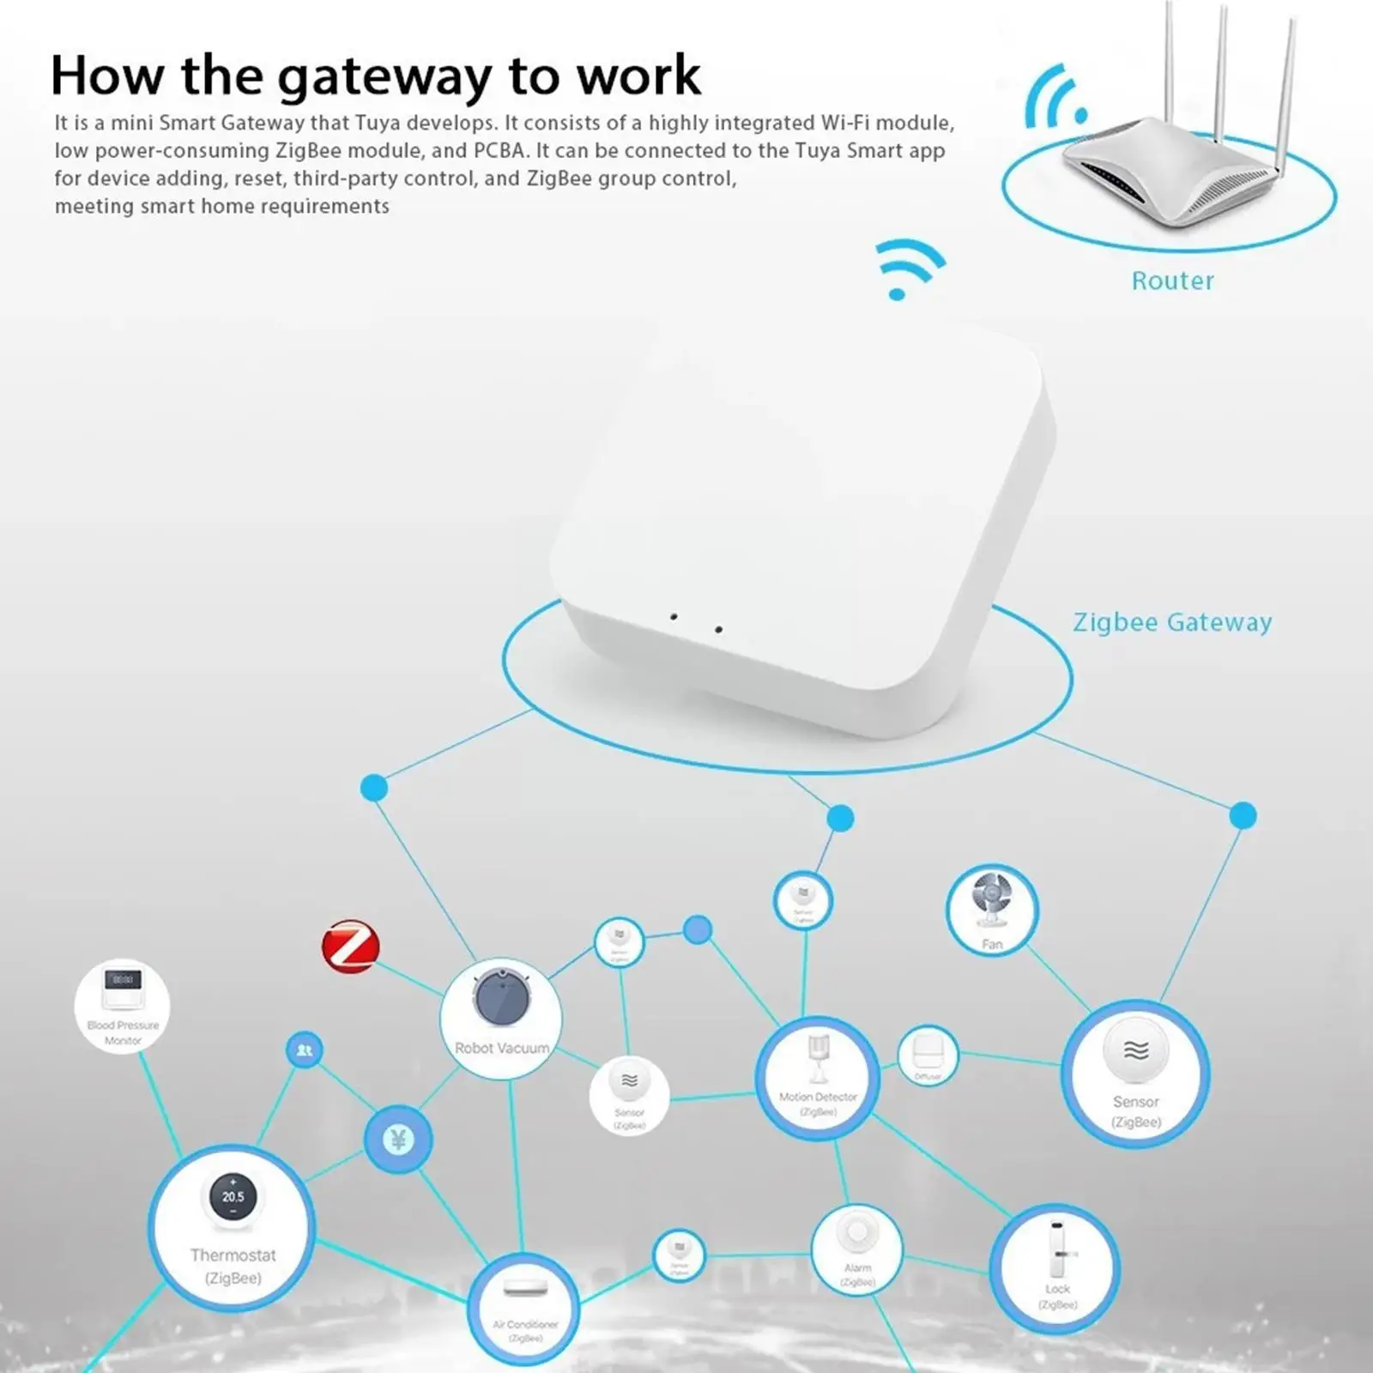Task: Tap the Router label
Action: pos(1172,281)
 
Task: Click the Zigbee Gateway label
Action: pos(1172,622)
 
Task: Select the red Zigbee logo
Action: pos(350,947)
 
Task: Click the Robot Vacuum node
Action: pos(501,1018)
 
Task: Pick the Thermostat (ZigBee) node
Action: pos(232,1227)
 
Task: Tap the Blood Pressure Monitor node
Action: pos(123,1004)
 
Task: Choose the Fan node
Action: pos(992,910)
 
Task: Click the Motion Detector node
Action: pos(817,1078)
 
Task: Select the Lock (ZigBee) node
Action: pos(1055,1268)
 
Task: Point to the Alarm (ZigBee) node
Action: pos(856,1249)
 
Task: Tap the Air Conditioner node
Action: pos(524,1309)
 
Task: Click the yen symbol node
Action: pos(397,1140)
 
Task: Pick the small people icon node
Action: pos(304,1049)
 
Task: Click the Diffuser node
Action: pos(927,1055)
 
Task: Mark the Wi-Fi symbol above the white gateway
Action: pos(907,268)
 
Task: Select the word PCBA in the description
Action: pos(499,151)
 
